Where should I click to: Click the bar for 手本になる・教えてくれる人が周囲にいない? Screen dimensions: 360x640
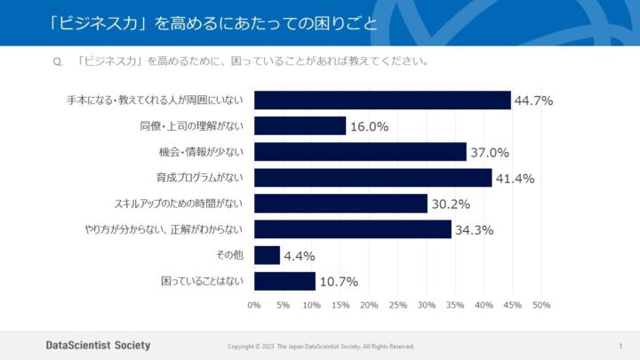tap(382, 100)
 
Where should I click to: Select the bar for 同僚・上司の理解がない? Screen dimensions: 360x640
tap(300, 126)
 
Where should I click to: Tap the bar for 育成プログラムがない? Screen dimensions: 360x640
tap(372, 178)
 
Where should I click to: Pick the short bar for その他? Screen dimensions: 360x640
tap(267, 255)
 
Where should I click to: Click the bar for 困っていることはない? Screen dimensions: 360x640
tap(284, 281)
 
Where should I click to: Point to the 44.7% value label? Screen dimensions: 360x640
tap(533, 100)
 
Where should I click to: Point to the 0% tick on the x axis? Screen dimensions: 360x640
tap(254, 305)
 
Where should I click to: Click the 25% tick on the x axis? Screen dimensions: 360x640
tap(397, 305)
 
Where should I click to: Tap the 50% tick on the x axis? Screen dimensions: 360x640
tap(541, 305)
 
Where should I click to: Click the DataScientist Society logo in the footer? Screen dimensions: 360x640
tap(98, 345)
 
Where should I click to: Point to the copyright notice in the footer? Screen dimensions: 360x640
tap(321, 346)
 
